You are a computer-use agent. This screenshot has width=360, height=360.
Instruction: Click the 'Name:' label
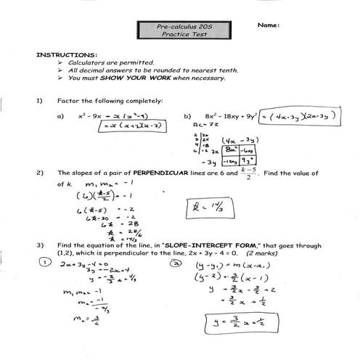pos(268,25)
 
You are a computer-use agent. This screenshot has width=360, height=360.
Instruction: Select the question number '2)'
pos(39,173)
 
